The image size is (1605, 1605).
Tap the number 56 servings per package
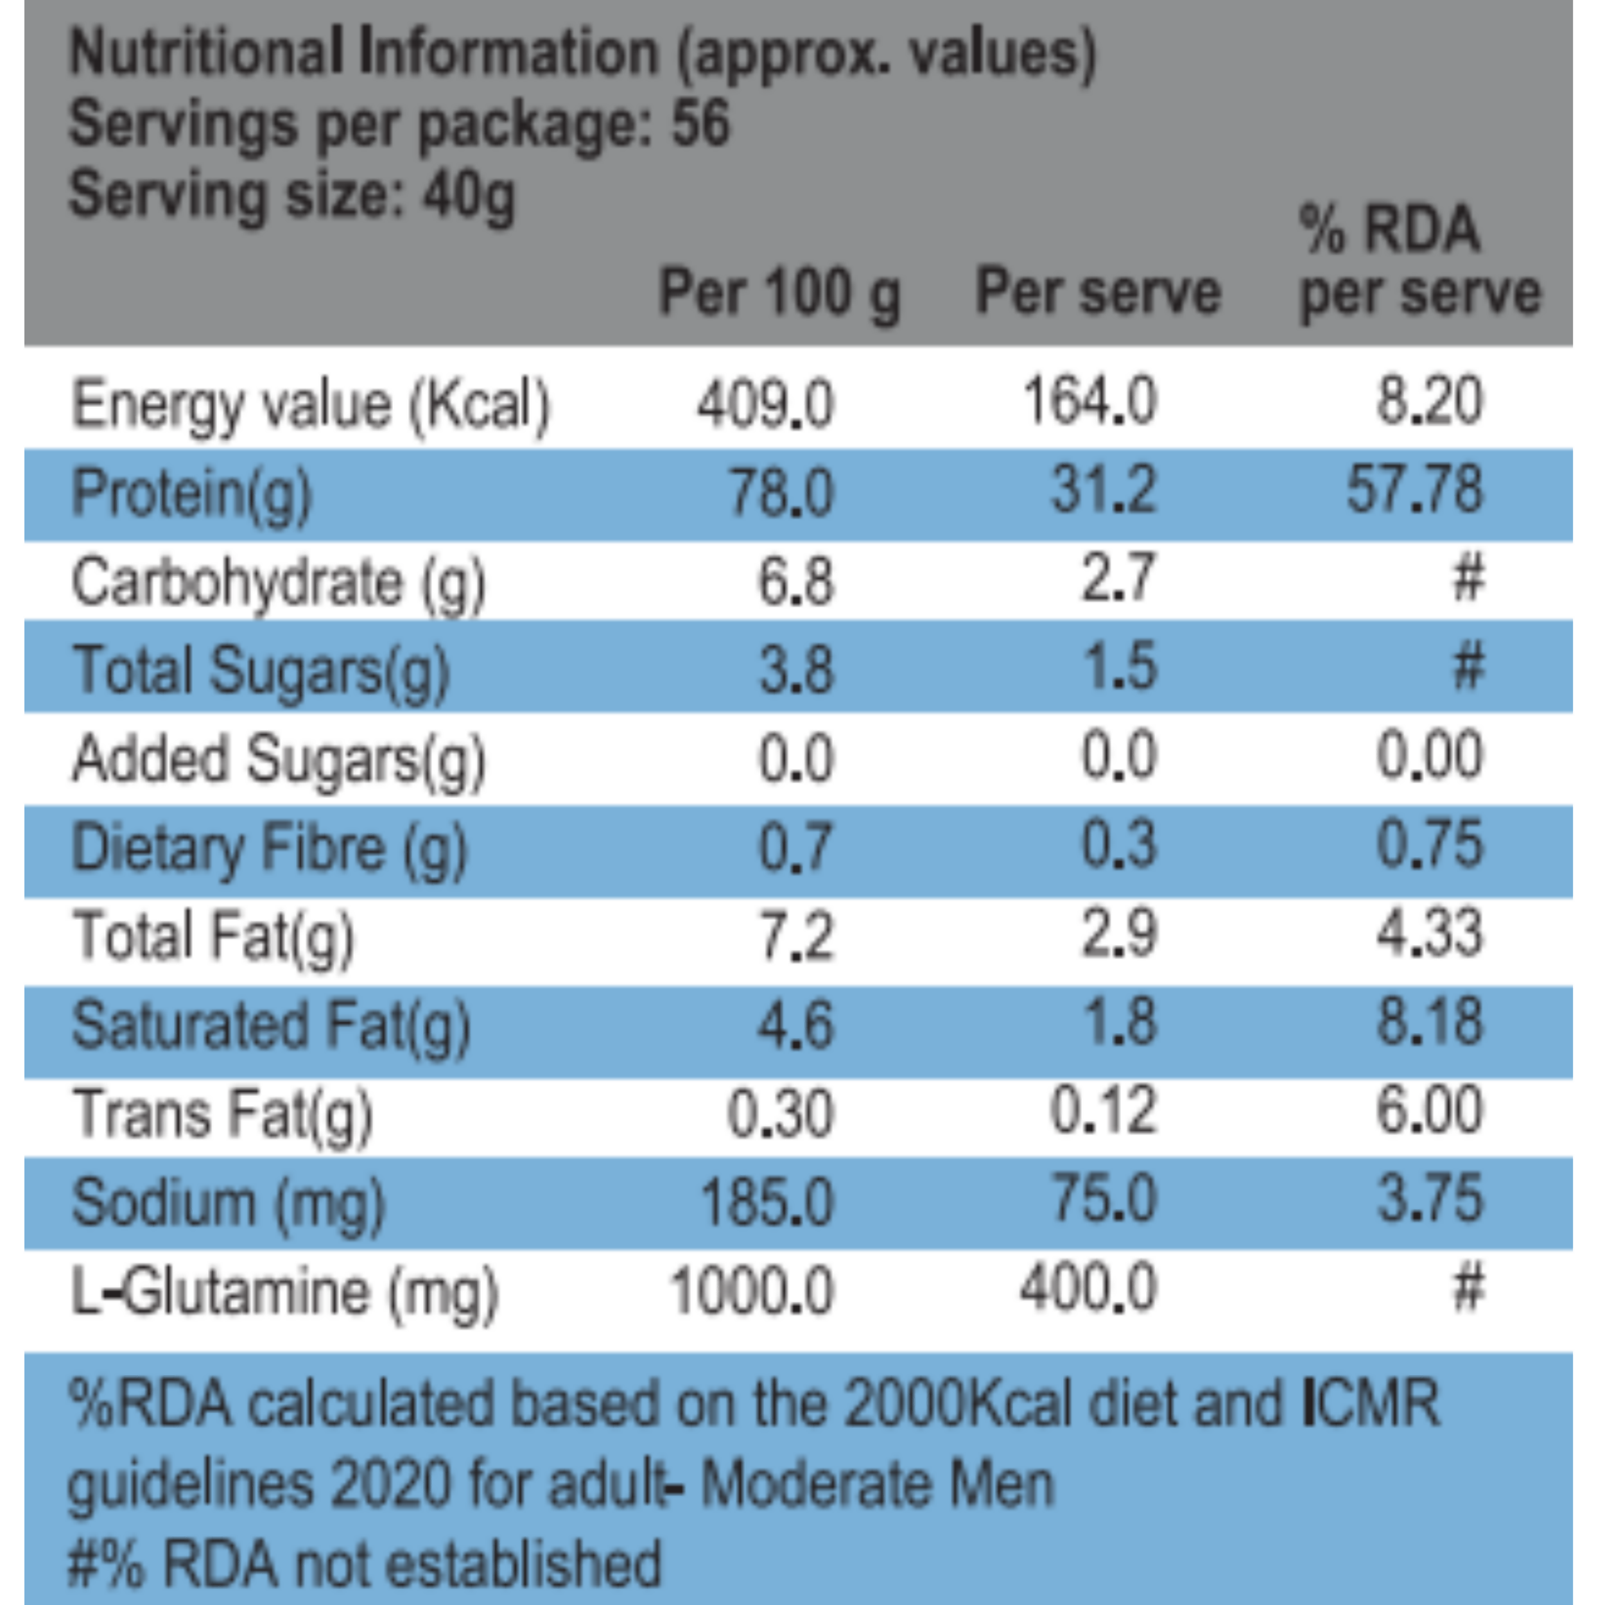click(700, 123)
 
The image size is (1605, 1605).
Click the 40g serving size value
click(469, 196)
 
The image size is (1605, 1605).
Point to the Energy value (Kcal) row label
click(311, 405)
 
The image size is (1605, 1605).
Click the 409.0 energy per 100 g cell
click(764, 405)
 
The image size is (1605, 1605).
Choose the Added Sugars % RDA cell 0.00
click(1429, 756)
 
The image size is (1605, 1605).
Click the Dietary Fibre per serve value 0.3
click(1118, 845)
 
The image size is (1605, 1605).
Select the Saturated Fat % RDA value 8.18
click(1429, 1023)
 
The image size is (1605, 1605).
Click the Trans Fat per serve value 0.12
click(1103, 1111)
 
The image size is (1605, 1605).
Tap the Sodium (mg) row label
click(229, 1202)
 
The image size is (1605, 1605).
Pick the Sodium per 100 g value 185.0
click(766, 1202)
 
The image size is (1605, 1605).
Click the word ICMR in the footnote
click(1371, 1403)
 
